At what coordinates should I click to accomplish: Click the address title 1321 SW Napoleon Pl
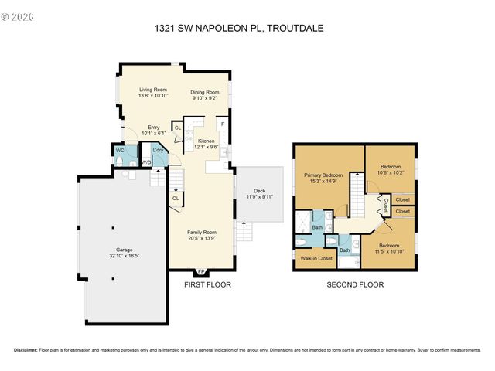(x=248, y=29)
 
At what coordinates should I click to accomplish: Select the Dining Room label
(x=204, y=93)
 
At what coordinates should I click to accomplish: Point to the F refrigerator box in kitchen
(x=223, y=124)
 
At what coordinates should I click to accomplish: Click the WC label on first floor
(x=120, y=150)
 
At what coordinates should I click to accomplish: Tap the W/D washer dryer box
(x=145, y=162)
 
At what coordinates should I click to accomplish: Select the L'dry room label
(x=158, y=150)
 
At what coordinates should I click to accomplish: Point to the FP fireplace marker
(x=201, y=272)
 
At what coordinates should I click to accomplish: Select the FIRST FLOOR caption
(x=207, y=284)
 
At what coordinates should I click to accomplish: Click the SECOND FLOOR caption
(x=355, y=284)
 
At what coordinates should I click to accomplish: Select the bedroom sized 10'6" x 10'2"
(x=390, y=168)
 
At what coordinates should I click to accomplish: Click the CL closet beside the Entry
(x=177, y=128)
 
